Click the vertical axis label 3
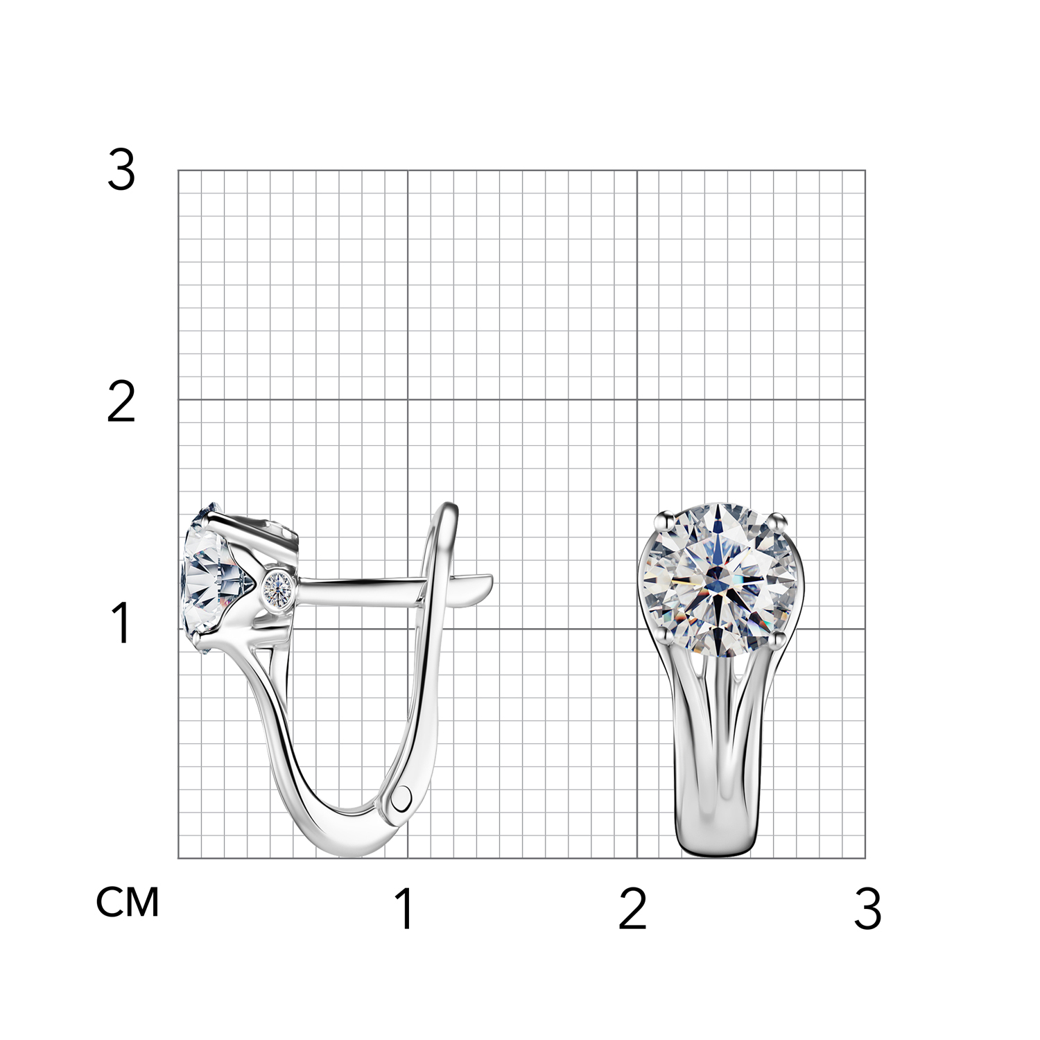tap(121, 171)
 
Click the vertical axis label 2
tap(121, 402)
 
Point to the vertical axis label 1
tap(121, 623)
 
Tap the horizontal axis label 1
tap(405, 908)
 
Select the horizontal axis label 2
tap(632, 908)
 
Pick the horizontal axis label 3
tap(867, 908)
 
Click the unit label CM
tap(128, 902)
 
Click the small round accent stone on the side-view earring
tap(279, 588)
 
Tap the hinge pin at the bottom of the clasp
tap(402, 799)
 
